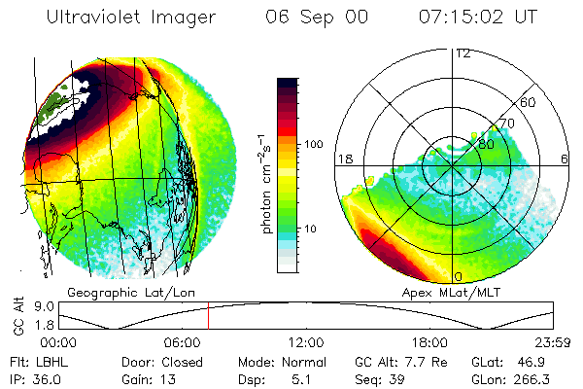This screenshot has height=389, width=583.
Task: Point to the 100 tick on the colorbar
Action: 313,144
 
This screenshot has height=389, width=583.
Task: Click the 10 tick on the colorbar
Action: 313,229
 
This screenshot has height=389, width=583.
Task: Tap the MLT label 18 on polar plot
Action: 343,158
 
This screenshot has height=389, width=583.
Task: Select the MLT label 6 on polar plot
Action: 566,158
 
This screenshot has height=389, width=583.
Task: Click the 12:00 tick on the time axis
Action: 306,342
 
